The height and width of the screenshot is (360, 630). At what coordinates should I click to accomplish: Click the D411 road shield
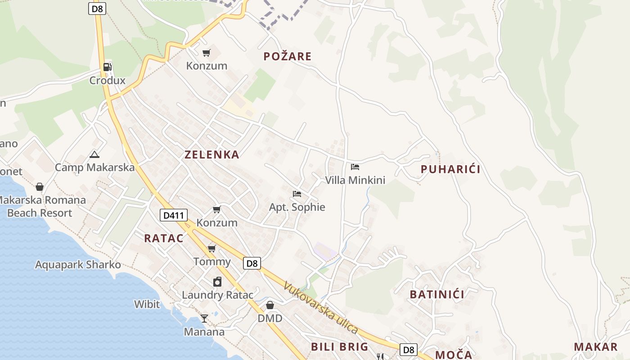click(173, 215)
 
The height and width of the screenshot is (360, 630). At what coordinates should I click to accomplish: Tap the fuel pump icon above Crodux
click(107, 67)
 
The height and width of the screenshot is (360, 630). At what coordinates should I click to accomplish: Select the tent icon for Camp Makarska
click(94, 155)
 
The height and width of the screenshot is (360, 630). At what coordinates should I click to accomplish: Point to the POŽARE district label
click(288, 56)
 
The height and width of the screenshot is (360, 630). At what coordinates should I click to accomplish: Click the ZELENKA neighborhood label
click(212, 154)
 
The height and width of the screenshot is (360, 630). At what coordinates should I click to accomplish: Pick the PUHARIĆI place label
click(450, 169)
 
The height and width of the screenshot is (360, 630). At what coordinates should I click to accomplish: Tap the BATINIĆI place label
click(437, 294)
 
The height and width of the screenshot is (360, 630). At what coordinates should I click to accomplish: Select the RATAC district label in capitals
click(164, 238)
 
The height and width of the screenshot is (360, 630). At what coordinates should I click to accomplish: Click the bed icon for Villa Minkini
click(355, 167)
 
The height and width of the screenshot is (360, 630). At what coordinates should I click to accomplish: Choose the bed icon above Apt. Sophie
click(297, 194)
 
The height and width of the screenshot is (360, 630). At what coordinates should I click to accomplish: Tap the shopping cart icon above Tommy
click(212, 248)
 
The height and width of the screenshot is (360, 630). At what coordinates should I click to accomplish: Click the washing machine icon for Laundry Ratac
click(217, 282)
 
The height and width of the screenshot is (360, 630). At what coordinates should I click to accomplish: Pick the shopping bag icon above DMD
click(270, 305)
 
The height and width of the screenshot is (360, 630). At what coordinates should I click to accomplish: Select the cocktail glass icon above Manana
click(204, 319)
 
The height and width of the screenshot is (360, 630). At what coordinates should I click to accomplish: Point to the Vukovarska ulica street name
click(321, 308)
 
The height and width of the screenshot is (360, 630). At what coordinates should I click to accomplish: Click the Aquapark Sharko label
click(78, 265)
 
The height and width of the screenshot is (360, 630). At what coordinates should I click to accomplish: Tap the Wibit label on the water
click(147, 304)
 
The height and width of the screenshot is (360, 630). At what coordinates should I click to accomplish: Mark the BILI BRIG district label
click(340, 346)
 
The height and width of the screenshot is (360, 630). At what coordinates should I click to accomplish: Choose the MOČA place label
click(454, 355)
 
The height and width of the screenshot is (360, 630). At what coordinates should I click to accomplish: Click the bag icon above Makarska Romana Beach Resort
click(40, 186)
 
